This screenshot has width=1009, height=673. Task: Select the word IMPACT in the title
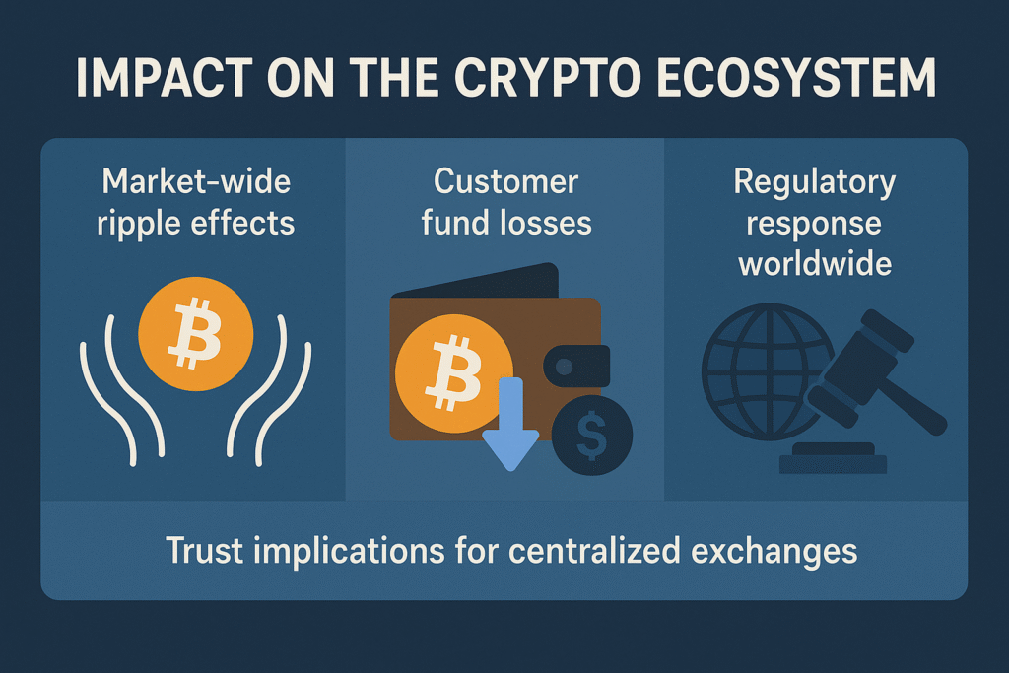pos(165,78)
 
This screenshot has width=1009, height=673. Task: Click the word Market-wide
pos(196,181)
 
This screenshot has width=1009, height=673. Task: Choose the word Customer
pos(505,181)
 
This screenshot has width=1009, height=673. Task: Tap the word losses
pos(545,223)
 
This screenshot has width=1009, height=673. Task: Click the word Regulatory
pos(815,183)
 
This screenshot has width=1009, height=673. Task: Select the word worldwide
pos(815,264)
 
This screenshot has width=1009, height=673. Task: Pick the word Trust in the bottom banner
pos(205,551)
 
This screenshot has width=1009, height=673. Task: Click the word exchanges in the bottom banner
pos(774,551)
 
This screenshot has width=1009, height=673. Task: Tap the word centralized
pos(594,551)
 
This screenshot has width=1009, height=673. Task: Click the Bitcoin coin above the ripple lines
pos(196,334)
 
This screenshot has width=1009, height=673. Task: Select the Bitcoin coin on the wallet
pos(453,373)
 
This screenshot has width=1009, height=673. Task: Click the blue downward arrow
pos(511,424)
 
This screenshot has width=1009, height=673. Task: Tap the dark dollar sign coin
pos(592,436)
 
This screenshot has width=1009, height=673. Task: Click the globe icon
pos(769,371)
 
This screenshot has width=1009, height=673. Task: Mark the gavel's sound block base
pos(834,459)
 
